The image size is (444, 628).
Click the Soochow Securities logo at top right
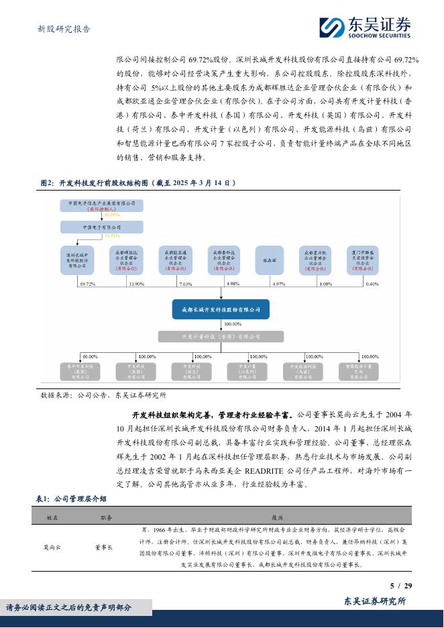[365, 26]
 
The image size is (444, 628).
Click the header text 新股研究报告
[63, 29]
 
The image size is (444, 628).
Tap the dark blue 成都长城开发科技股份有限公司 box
[221, 309]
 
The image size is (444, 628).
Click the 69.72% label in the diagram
[87, 284]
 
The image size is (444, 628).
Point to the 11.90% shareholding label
[136, 284]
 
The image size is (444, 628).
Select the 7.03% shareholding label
[185, 284]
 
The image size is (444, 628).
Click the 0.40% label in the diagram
[372, 284]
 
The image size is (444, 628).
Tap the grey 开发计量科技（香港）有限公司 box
[221, 336]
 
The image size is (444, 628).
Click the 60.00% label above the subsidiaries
[90, 356]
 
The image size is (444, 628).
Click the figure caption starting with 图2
[138, 182]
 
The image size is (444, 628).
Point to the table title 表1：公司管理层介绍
[70, 499]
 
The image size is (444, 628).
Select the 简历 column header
[277, 517]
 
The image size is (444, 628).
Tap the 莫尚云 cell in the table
[53, 547]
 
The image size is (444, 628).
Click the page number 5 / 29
[400, 586]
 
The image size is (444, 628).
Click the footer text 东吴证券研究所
[375, 602]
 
